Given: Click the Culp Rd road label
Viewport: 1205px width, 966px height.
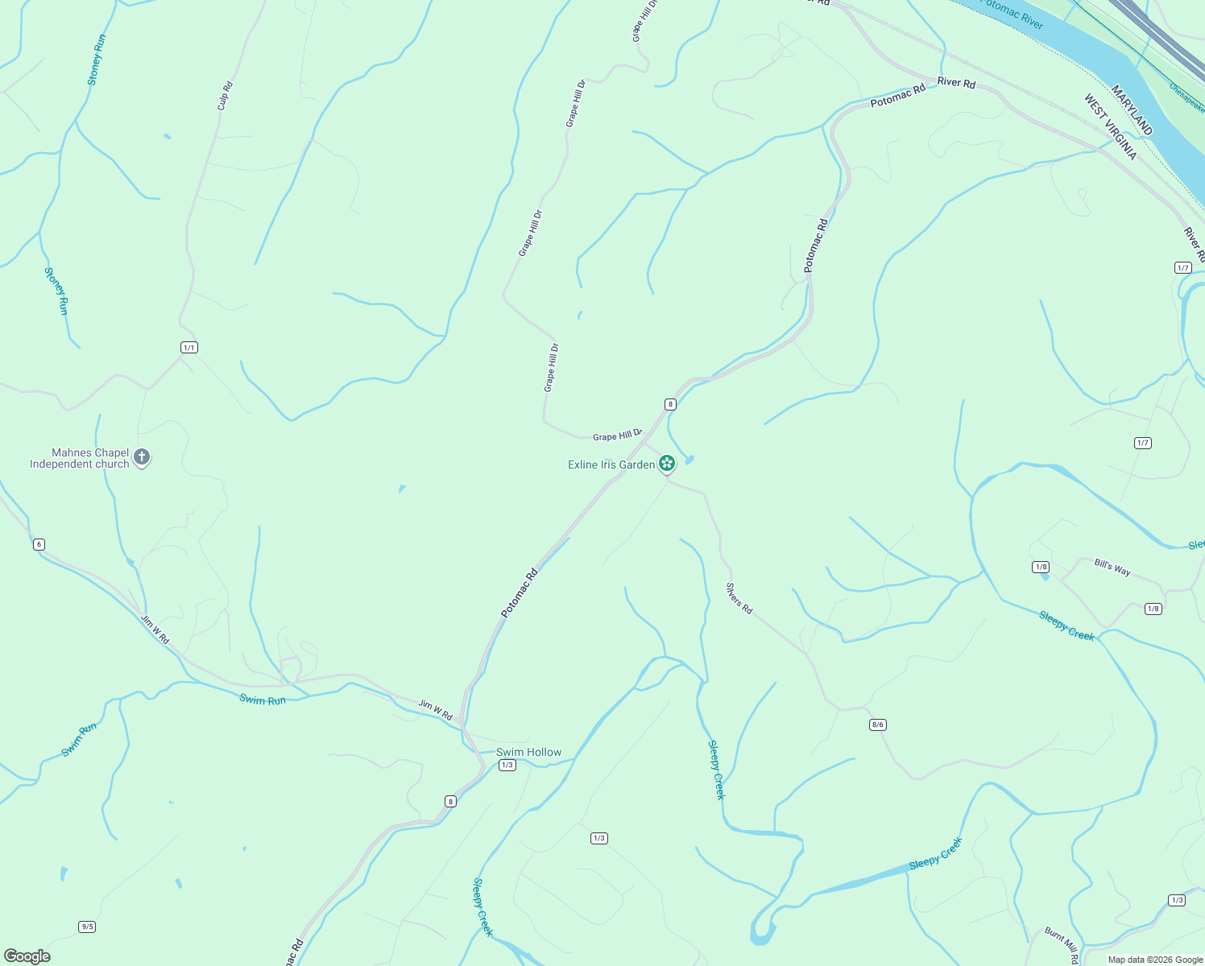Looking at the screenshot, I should tap(225, 96).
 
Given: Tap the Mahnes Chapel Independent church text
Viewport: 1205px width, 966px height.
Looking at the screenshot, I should tap(80, 459).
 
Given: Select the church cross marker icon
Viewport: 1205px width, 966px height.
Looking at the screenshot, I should tap(142, 458).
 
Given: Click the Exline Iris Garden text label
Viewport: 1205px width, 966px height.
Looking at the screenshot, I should tap(611, 464).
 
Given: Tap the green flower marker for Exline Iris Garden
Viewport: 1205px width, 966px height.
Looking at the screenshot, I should tap(666, 464).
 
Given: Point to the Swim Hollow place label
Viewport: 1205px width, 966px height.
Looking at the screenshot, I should tap(528, 752).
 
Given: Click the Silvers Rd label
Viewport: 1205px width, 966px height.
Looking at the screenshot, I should tap(739, 599).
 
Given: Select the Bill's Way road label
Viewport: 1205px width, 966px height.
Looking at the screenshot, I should tap(1112, 567).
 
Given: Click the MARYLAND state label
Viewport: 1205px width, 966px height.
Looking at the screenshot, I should tap(1133, 110).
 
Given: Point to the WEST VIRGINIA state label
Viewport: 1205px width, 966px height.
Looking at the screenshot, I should tap(1110, 127).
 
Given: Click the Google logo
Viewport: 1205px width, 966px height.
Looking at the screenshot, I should tap(27, 956).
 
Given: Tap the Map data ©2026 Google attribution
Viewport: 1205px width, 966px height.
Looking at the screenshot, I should tap(1155, 960).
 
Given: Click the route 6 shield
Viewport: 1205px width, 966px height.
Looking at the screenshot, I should tap(39, 544).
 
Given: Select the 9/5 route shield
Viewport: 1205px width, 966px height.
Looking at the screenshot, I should tap(87, 927).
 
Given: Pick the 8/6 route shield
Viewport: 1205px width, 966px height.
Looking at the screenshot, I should tap(877, 724).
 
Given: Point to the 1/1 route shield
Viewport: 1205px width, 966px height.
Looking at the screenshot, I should tap(188, 348).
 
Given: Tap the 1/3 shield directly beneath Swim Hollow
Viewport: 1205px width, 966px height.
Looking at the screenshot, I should tap(507, 765).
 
